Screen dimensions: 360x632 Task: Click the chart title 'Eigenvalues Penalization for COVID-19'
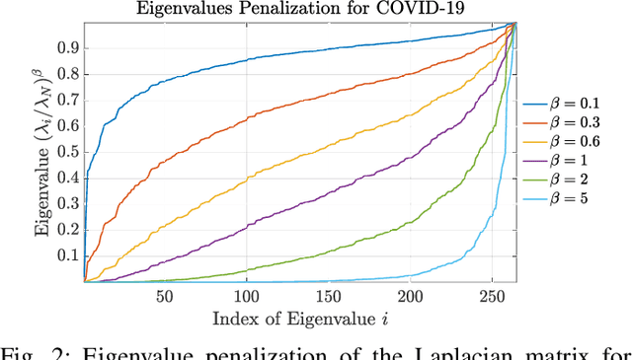click(x=302, y=10)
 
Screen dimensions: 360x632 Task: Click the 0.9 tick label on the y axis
click(x=68, y=46)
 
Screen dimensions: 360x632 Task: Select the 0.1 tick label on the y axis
click(x=68, y=255)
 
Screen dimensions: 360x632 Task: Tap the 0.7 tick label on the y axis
click(x=68, y=99)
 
